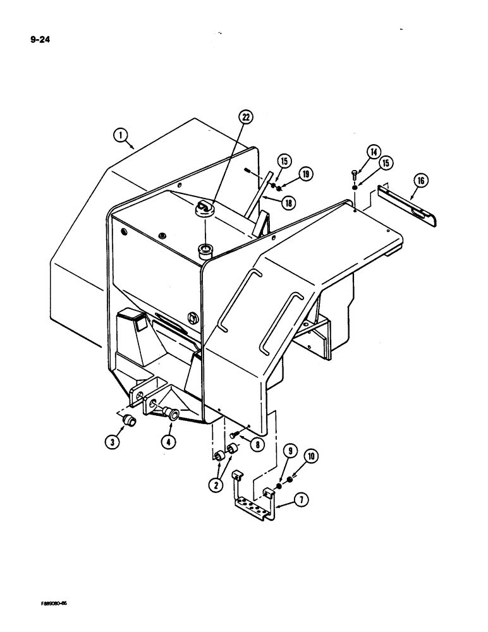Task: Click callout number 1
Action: point(121,134)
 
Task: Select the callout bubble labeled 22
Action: point(246,117)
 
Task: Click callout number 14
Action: point(374,152)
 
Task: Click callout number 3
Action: point(111,442)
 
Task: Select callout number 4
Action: point(168,442)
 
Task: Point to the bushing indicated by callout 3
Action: point(128,420)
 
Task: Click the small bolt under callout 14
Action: point(355,176)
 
